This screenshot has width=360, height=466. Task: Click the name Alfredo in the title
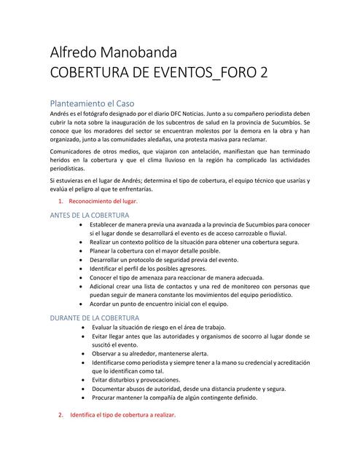pos(74,52)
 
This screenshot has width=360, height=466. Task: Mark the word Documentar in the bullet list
pos(113,389)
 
